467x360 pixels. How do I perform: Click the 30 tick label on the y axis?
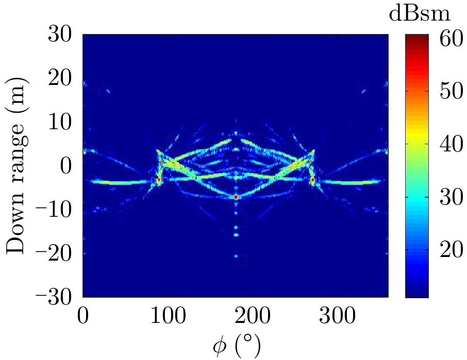tap(62, 36)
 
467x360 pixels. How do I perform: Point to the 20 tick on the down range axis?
tap(62, 79)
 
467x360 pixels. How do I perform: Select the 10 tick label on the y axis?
tap(62, 123)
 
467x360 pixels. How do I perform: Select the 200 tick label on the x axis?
tap(253, 316)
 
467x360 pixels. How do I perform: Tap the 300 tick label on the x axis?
tap(337, 316)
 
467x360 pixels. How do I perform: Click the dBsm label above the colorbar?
tap(420, 14)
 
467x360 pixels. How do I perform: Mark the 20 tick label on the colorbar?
tap(449, 250)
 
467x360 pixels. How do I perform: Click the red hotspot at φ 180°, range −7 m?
tap(236, 197)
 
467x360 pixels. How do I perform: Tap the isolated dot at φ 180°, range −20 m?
tap(236, 255)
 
